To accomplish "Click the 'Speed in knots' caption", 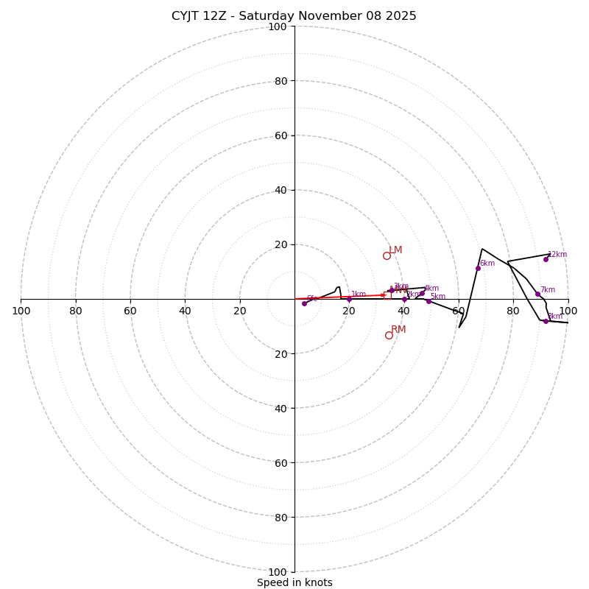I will point(294,582).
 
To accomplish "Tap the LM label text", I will point(395,250).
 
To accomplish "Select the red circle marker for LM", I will point(387,255).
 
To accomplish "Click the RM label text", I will point(398,330).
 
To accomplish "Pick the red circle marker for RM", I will point(389,335).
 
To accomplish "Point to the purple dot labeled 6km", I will point(478,268).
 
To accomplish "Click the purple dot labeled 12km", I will point(546,259).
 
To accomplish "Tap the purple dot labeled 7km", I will point(537,294).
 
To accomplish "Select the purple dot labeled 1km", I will point(349,299).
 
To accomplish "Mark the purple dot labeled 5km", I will point(428,301).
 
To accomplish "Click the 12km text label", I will point(557,255).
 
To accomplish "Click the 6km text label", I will point(487,264).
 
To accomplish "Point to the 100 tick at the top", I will point(278,27).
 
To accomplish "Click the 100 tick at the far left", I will point(21,311).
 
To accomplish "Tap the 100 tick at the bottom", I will point(278,572).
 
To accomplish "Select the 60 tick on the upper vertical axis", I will point(281,135).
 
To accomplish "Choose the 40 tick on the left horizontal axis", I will point(185,311).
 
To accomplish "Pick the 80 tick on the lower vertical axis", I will point(281,517).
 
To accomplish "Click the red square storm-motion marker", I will point(387,295).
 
